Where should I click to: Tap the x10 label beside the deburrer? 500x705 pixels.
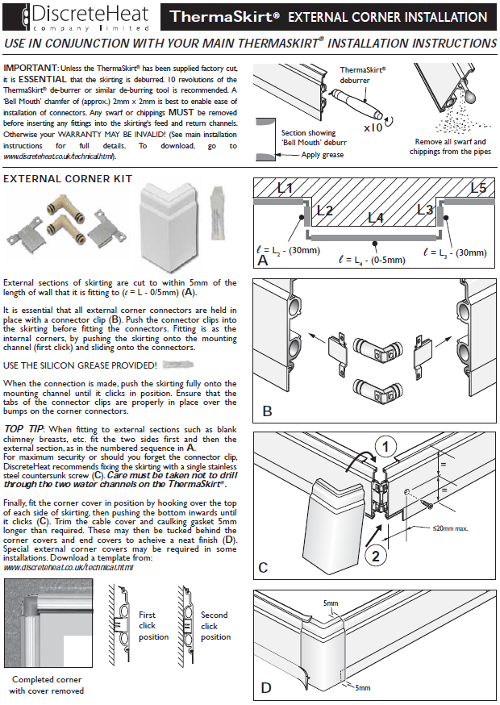tap(373, 127)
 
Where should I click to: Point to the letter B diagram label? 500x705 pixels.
tap(267, 412)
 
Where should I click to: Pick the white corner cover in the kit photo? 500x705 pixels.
tap(170, 218)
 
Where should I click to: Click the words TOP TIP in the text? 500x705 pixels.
tap(24, 428)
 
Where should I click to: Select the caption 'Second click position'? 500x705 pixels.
tap(215, 626)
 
